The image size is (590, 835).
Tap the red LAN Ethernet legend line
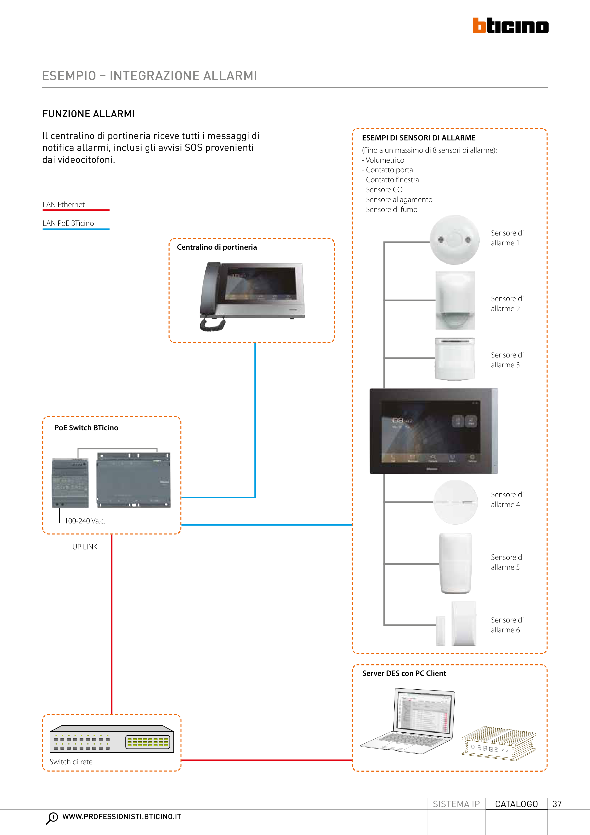(76, 210)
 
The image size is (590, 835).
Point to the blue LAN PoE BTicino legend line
(76, 229)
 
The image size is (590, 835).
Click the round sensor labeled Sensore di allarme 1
(454, 240)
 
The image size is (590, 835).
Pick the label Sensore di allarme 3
(507, 360)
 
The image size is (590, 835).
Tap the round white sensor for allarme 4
(456, 502)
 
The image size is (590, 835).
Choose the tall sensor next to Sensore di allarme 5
(456, 563)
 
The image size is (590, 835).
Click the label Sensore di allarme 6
(507, 625)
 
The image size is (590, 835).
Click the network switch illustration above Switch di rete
(112, 739)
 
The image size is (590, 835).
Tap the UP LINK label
(85, 547)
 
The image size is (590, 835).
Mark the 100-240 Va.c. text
(85, 521)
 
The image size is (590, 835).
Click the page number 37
(557, 804)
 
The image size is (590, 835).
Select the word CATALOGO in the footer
(516, 804)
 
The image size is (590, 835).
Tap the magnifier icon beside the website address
(52, 818)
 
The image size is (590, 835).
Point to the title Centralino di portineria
(217, 247)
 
